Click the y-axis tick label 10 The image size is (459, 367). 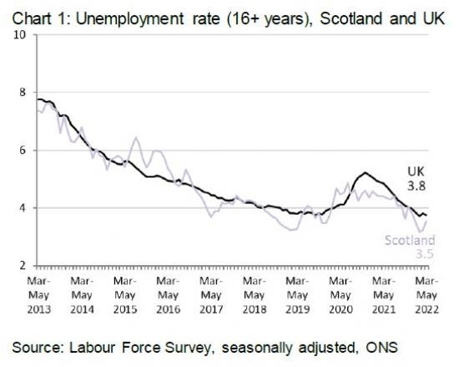(20, 34)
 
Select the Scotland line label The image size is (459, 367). (409, 241)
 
